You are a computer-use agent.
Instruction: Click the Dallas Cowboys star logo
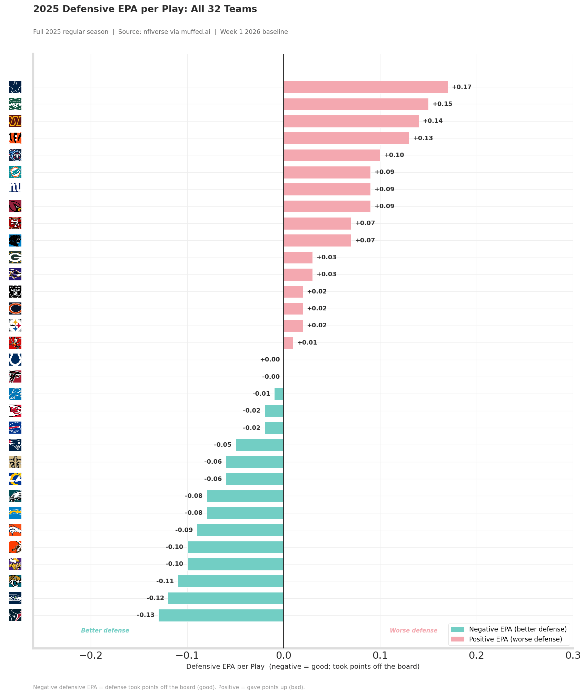(15, 87)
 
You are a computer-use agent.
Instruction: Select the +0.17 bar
(366, 87)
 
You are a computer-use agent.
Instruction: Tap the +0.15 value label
(443, 104)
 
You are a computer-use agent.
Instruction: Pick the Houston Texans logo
(15, 615)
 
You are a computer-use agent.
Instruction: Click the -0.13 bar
(221, 615)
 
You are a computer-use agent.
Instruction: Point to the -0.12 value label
(155, 598)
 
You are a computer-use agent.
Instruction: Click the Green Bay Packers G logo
(15, 258)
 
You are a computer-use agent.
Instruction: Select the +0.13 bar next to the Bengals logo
(346, 138)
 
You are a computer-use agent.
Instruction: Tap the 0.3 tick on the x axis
(573, 655)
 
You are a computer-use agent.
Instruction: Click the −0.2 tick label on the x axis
(91, 655)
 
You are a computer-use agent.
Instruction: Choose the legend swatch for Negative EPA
(458, 629)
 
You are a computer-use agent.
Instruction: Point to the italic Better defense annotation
(105, 630)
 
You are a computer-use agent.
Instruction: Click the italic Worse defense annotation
(414, 630)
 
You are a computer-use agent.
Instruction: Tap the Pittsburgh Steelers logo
(15, 326)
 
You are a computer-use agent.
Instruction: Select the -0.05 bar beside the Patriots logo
(260, 445)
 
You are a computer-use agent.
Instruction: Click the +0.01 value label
(307, 342)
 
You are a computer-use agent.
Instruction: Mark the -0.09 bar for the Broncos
(240, 530)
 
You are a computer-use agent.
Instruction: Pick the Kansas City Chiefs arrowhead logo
(15, 411)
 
